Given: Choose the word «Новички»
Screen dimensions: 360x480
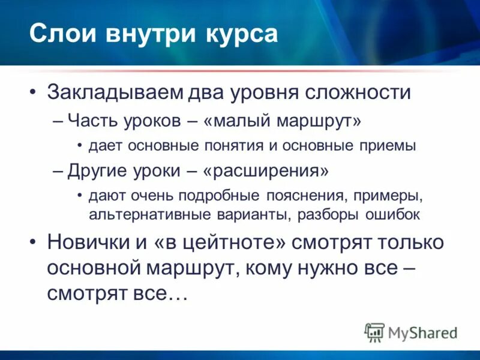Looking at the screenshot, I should pos(91,242).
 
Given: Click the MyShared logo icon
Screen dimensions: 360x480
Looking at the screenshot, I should pos(374,331).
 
